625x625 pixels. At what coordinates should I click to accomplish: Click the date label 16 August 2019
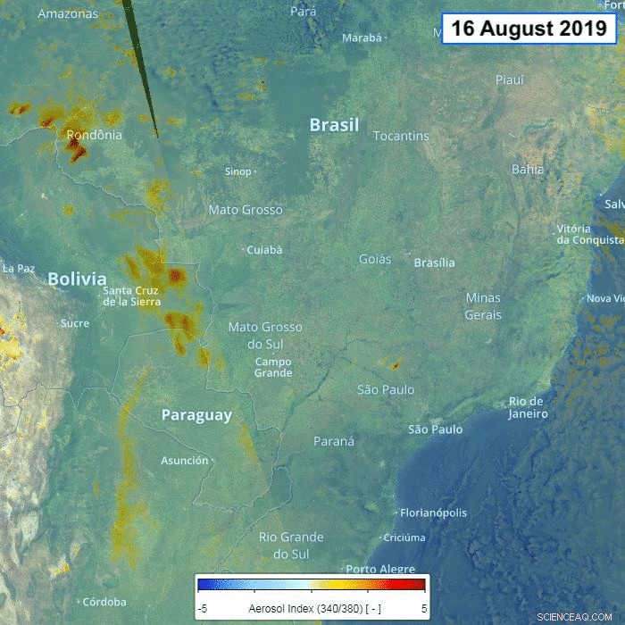(x=529, y=28)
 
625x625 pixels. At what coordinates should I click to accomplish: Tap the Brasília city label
(x=434, y=262)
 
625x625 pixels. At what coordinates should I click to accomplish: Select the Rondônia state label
(x=94, y=135)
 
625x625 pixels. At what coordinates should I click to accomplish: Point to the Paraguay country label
(x=196, y=415)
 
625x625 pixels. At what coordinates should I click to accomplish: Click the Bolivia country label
(x=77, y=279)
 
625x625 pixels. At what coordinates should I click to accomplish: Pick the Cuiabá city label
(x=264, y=250)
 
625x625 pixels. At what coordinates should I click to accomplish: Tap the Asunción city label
(x=185, y=461)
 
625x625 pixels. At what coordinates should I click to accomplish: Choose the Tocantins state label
(x=401, y=136)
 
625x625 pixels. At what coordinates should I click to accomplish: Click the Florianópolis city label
(x=434, y=512)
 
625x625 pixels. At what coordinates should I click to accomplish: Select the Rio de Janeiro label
(x=528, y=407)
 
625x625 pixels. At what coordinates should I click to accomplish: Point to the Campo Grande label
(x=273, y=367)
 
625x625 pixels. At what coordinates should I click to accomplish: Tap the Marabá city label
(x=362, y=37)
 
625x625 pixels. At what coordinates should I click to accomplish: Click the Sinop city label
(x=238, y=171)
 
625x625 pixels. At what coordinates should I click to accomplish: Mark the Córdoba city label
(x=104, y=602)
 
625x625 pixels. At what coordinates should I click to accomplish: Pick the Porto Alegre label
(x=380, y=569)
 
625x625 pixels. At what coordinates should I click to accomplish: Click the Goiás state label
(x=375, y=259)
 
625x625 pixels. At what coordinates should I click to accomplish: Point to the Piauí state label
(x=510, y=79)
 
